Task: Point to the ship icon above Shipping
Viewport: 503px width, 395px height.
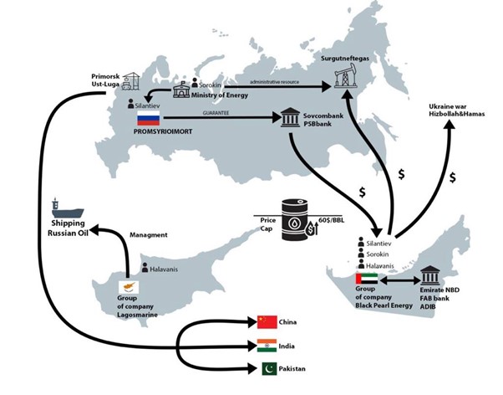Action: click(x=56, y=206)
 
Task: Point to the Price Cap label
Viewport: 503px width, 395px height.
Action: click(x=269, y=222)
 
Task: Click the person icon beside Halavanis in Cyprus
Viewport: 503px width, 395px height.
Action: click(x=132, y=269)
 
